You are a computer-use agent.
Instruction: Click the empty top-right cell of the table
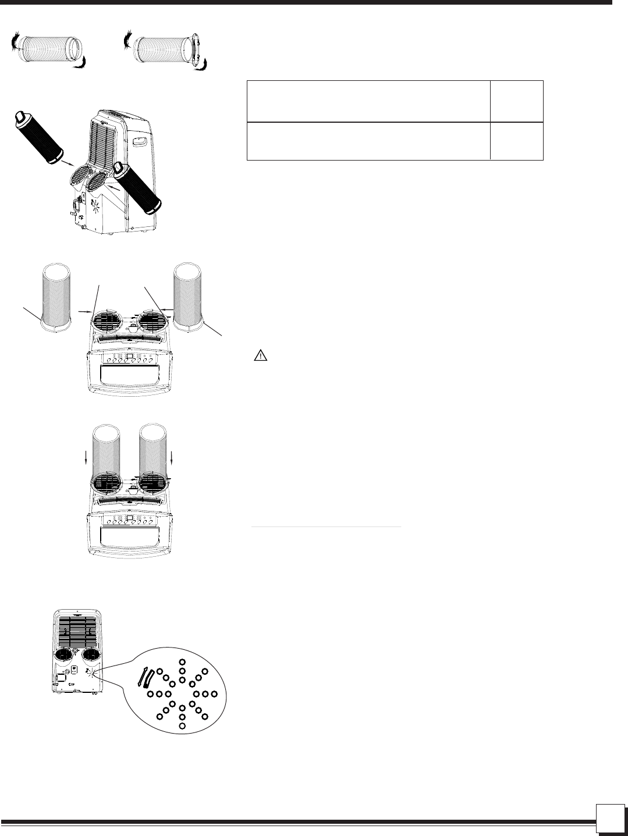pos(517,101)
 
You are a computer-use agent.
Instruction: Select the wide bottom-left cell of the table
pos(368,141)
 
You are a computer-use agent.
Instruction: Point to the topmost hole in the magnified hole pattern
pos(183,662)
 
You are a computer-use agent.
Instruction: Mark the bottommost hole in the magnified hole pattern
pos(182,726)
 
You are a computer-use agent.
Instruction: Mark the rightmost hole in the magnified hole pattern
pos(214,694)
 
